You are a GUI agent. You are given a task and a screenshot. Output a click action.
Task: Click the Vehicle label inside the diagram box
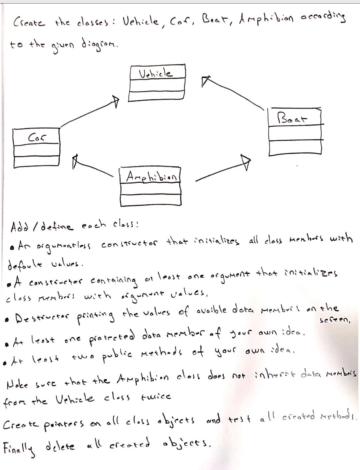[x=156, y=73]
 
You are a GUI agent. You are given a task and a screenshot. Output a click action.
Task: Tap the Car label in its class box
[x=37, y=137]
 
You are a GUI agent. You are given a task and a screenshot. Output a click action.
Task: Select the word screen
[x=335, y=320]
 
